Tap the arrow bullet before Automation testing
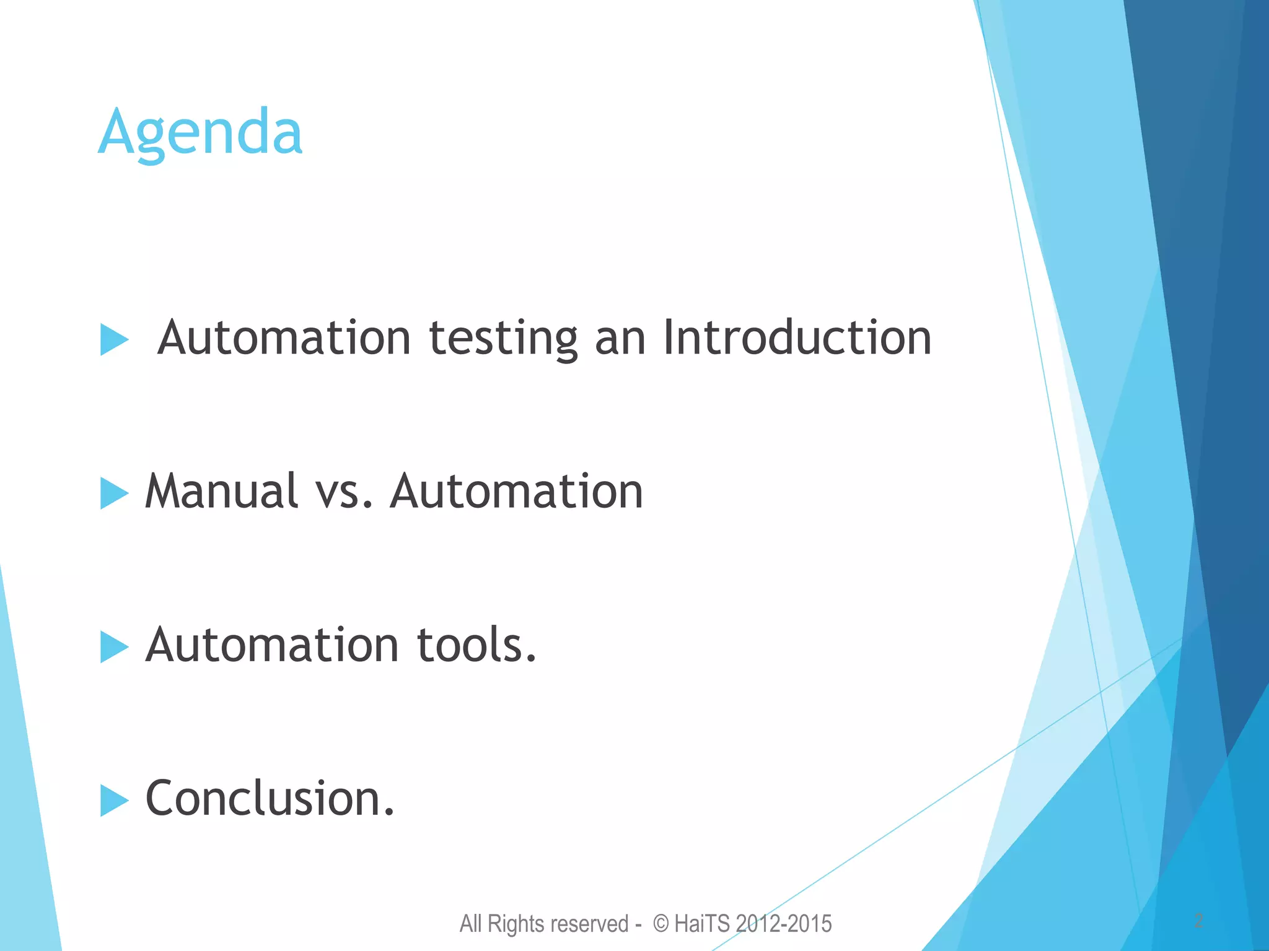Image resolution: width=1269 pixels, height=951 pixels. coord(114,340)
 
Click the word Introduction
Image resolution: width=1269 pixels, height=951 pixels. coord(797,338)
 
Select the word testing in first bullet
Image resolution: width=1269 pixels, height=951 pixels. coord(503,339)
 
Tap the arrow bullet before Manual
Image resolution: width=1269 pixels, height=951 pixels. coord(114,493)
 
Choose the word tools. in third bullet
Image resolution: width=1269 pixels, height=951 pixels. coord(476,645)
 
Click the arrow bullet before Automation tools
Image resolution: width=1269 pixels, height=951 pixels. coord(114,647)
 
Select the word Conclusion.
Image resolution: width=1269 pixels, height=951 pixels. coord(270,798)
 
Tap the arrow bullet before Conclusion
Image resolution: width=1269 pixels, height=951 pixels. coord(114,801)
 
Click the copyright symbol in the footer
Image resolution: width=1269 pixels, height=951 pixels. coord(661,924)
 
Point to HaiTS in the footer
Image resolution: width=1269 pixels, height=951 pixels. coord(702,924)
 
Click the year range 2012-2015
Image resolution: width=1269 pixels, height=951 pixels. coord(784,924)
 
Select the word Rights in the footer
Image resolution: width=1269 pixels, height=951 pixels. coord(516,924)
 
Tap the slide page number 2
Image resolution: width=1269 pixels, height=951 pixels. coord(1198,921)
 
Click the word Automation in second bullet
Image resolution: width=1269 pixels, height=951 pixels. coord(517,491)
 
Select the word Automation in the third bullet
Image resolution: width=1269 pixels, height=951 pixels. coord(272,645)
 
